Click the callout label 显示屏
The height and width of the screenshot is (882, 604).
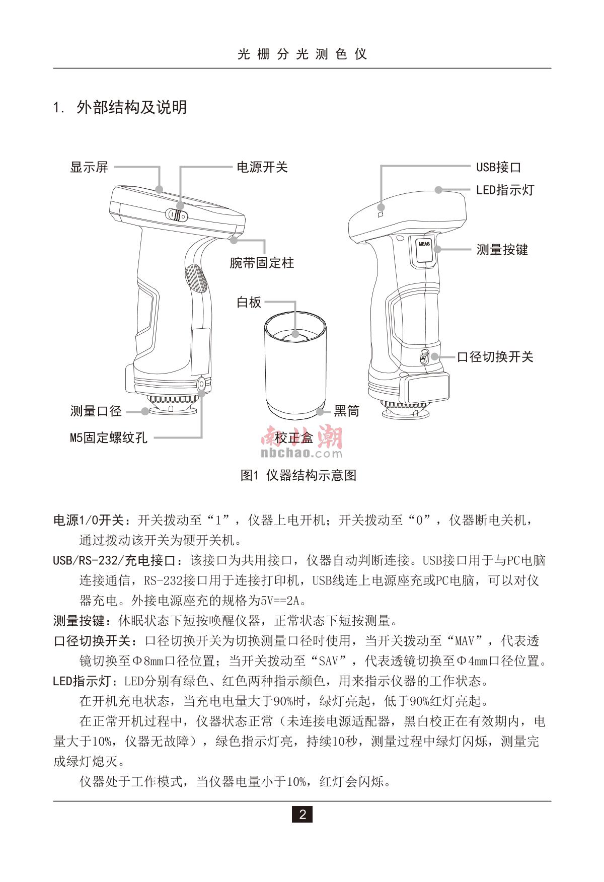tap(89, 167)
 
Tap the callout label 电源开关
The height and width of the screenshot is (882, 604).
tap(262, 167)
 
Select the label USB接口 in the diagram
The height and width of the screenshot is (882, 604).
tap(498, 167)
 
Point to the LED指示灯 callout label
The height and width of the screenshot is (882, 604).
tap(505, 190)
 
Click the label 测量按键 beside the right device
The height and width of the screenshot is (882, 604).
tap(502, 250)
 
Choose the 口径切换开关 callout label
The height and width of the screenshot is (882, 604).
tap(495, 357)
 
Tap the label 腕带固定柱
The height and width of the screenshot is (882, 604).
tap(262, 263)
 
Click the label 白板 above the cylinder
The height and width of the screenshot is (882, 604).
tap(249, 302)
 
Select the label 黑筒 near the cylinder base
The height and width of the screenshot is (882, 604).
tap(346, 411)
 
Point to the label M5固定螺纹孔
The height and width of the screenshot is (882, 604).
tap(109, 438)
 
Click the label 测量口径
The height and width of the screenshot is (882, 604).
tap(96, 411)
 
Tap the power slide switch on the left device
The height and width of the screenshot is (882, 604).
tap(177, 215)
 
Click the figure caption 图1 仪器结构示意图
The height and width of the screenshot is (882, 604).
tap(298, 475)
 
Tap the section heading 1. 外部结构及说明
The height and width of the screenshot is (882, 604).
tap(120, 107)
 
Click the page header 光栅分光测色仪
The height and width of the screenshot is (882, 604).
tap(302, 54)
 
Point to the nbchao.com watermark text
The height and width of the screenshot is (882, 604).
tap(301, 453)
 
